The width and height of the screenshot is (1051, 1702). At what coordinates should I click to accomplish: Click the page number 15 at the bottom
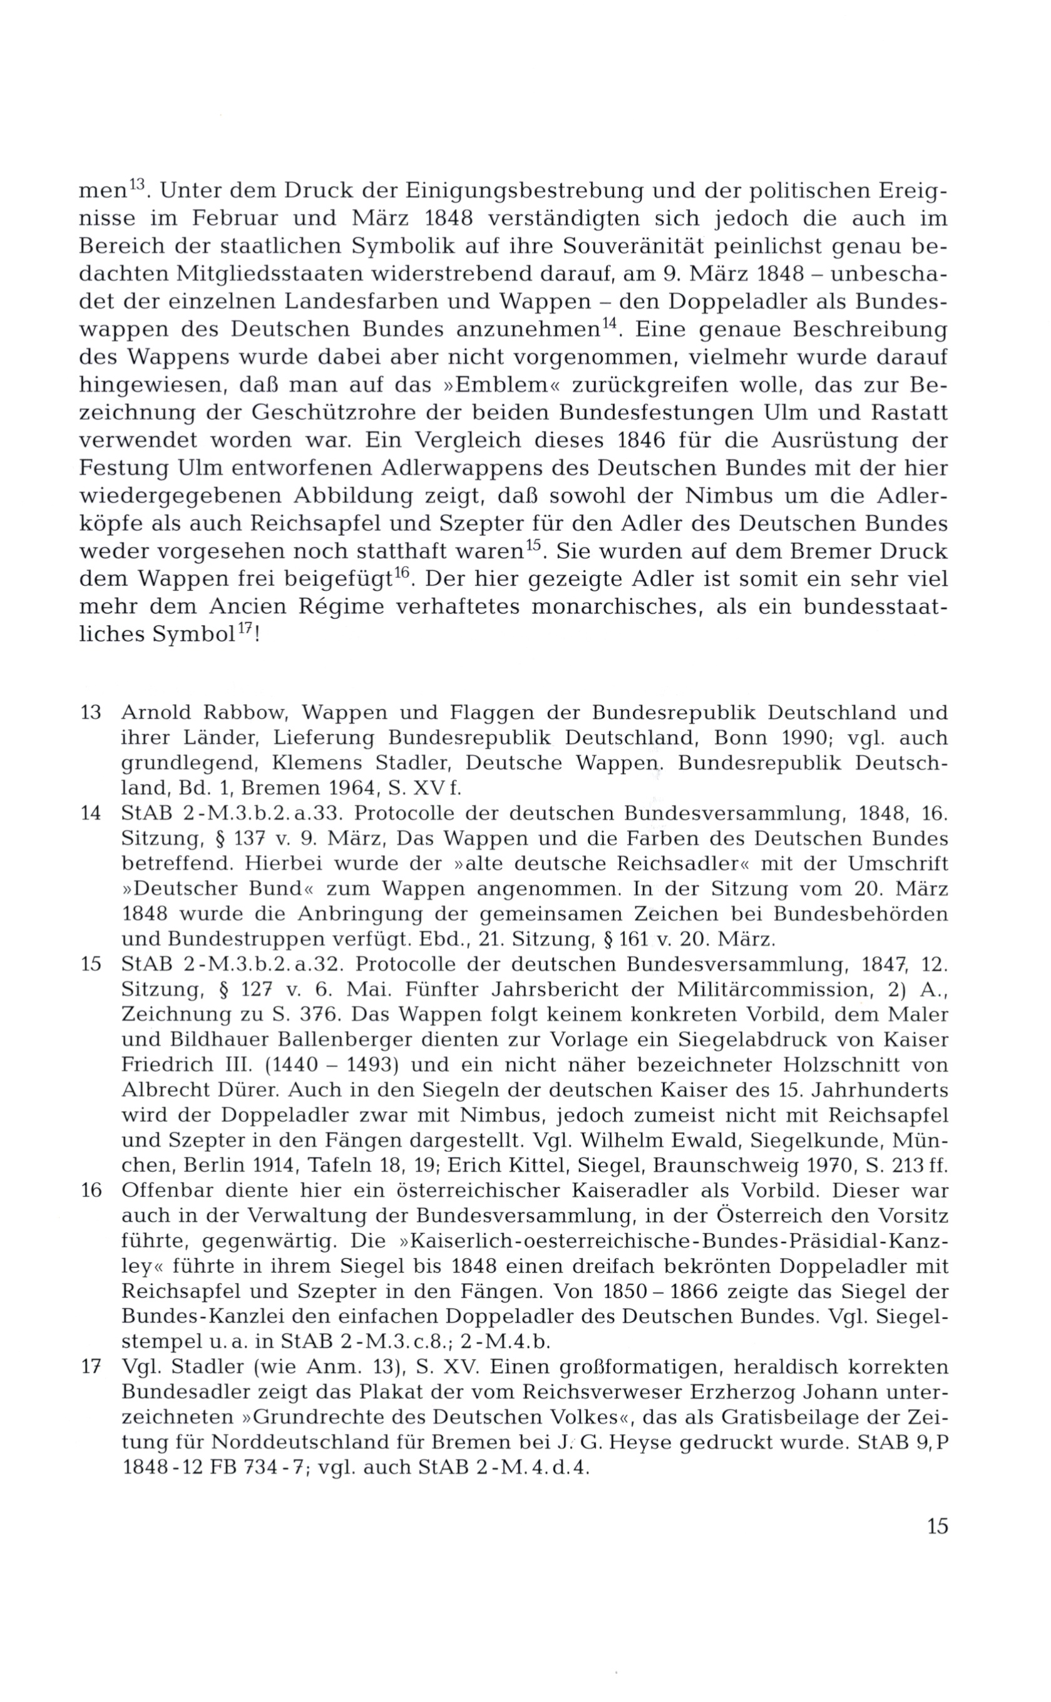[x=936, y=1527]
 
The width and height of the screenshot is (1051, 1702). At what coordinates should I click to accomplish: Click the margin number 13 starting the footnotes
[x=91, y=713]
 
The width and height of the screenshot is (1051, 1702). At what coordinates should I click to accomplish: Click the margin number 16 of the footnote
[x=91, y=1191]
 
